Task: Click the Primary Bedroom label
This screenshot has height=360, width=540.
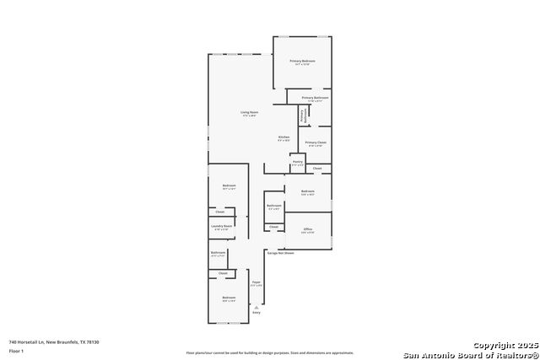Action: click(302, 62)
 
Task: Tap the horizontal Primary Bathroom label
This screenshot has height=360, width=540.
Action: click(315, 98)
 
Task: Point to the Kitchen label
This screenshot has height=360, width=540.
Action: click(284, 137)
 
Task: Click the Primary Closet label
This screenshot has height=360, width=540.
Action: click(316, 142)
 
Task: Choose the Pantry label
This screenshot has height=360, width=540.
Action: click(298, 161)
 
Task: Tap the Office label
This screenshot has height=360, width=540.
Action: click(308, 229)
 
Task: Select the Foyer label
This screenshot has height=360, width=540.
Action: click(256, 282)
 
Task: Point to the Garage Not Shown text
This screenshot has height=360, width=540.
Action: click(280, 253)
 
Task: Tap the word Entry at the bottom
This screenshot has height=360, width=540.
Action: click(256, 313)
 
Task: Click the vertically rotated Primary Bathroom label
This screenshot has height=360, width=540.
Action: click(301, 116)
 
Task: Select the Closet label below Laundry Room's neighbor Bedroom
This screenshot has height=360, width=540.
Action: click(220, 212)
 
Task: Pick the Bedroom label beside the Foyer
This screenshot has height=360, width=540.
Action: click(229, 298)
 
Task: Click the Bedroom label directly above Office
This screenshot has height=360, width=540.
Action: click(308, 191)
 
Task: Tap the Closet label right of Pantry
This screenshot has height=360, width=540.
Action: click(317, 169)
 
